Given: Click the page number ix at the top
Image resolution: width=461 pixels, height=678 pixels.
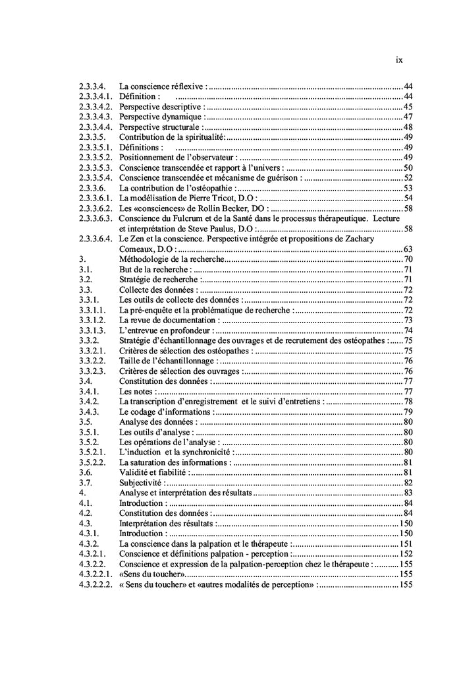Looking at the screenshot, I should tap(399, 59).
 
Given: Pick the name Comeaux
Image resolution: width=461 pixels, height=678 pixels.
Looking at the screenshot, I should tap(138, 249).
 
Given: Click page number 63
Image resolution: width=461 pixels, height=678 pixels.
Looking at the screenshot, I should tap(408, 249).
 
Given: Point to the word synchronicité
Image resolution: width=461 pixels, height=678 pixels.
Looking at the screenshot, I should tap(209, 452).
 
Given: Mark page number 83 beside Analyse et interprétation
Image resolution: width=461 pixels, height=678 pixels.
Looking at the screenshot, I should tap(408, 493).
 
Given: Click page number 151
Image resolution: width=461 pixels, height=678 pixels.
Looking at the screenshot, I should tap(406, 543).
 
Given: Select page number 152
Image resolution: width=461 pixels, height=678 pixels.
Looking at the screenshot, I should tap(406, 554).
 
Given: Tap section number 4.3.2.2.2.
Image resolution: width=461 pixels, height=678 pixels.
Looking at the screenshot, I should tap(96, 584).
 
